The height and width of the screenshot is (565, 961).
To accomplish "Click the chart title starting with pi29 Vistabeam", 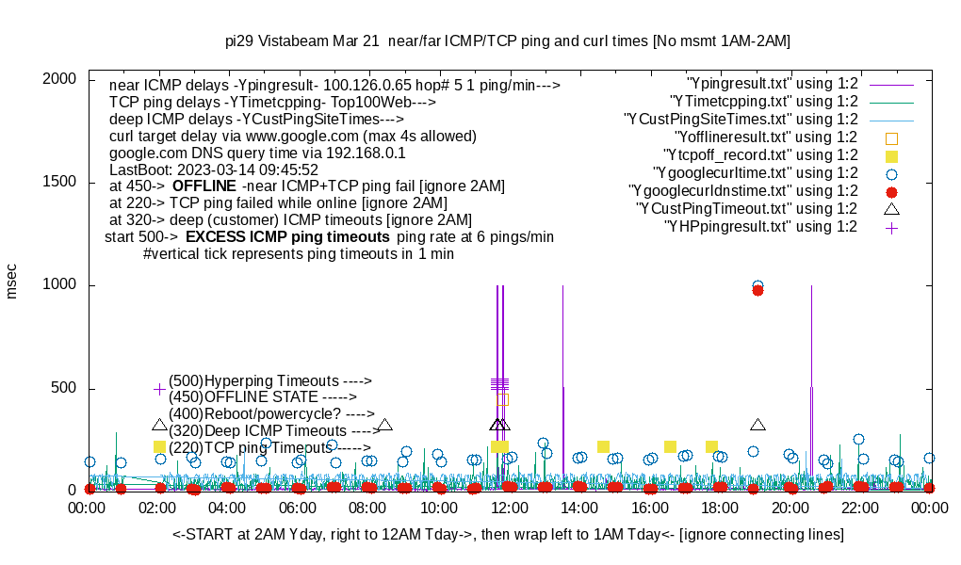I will click(x=508, y=41).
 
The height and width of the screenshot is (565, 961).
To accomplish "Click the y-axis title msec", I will click(x=12, y=282).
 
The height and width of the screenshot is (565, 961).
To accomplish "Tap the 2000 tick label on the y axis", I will click(x=66, y=79).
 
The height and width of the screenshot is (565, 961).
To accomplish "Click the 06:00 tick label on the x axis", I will click(x=298, y=508).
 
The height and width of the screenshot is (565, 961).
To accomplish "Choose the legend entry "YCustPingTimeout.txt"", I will click(x=747, y=209).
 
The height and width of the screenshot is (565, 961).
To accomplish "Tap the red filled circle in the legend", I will click(x=891, y=191).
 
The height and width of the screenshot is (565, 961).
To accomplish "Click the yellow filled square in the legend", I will click(x=891, y=155).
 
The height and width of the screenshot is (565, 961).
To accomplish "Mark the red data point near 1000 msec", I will click(x=757, y=290).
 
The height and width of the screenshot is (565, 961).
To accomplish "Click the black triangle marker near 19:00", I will click(x=757, y=425).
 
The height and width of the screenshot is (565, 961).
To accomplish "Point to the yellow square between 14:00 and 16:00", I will click(x=603, y=446).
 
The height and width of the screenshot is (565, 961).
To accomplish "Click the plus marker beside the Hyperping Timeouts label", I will click(x=159, y=389).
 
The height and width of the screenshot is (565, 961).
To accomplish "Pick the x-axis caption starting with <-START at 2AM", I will click(x=508, y=535).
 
